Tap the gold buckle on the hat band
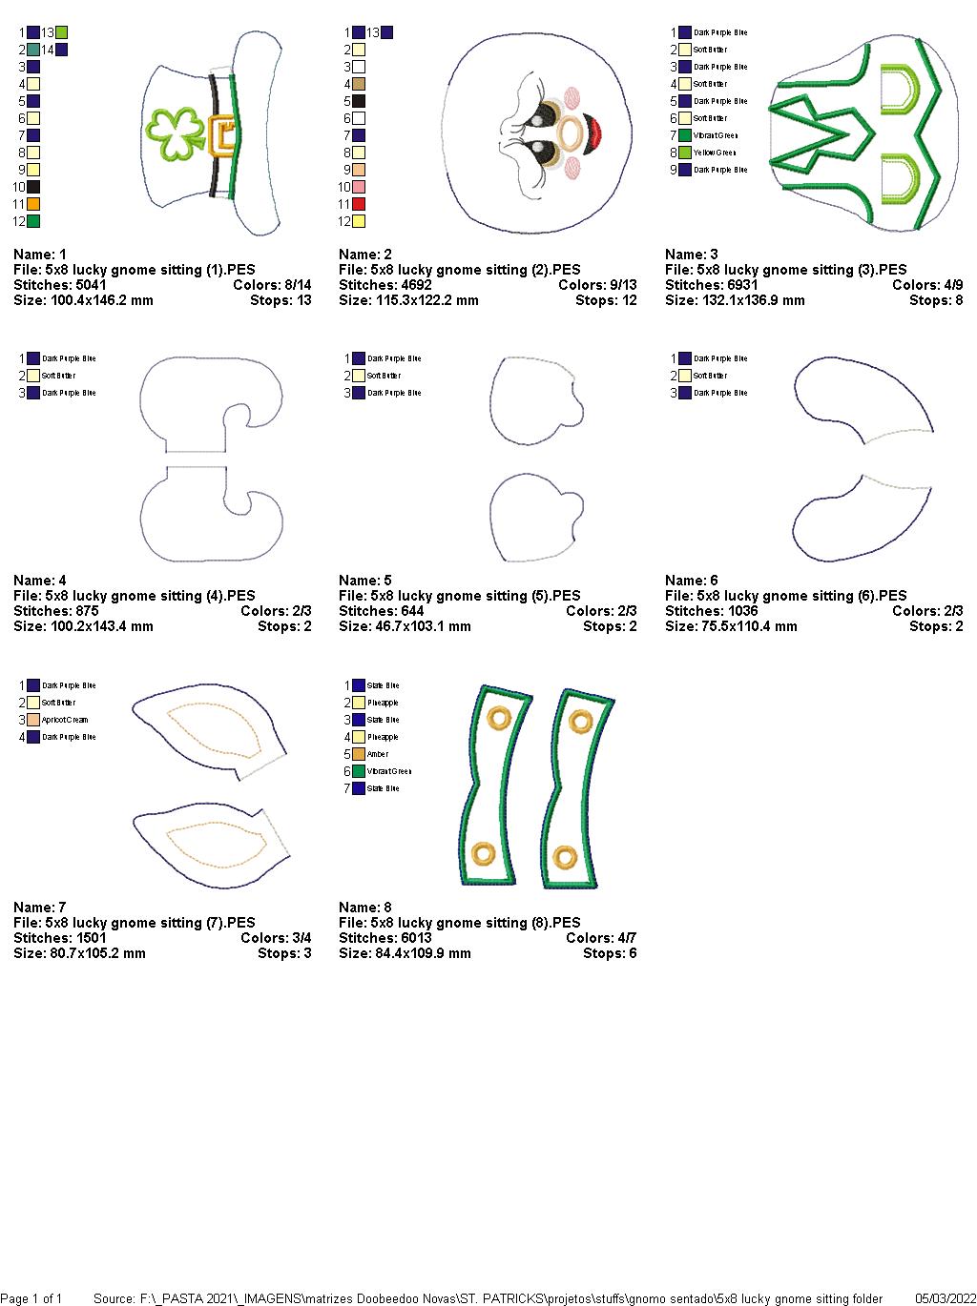pos(222,135)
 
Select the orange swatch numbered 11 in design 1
pos(33,204)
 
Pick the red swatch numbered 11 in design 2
pos(359,204)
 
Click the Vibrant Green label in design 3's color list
pos(716,135)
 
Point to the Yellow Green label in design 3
pos(715,153)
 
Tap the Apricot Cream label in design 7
pos(65,720)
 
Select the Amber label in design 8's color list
pos(378,754)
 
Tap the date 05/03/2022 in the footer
pos(945,1298)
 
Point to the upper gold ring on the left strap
pos(498,717)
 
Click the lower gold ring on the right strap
pos(566,857)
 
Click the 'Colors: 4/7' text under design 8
pos(601,938)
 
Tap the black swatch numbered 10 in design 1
pos(33,187)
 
